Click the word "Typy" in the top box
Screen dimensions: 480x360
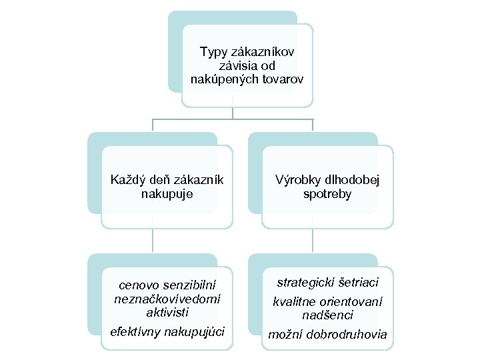pos(213,51)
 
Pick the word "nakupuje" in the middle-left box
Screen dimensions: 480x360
pos(167,193)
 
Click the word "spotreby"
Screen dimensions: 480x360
pos(327,193)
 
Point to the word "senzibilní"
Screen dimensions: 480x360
pos(190,285)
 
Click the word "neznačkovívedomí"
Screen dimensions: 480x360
pos(167,299)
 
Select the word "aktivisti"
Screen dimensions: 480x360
pos(167,312)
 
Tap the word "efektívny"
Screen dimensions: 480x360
pos(134,331)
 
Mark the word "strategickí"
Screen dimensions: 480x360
pos(305,283)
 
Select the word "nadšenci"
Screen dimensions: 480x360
pos(327,315)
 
